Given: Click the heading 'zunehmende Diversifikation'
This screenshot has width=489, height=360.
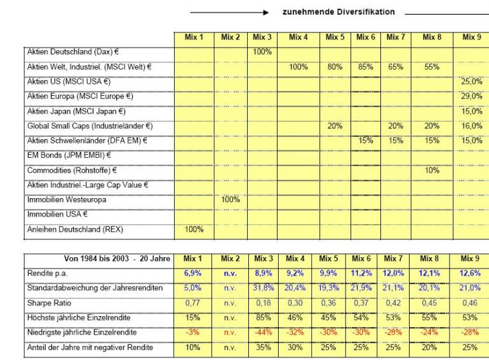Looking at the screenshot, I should [x=338, y=12].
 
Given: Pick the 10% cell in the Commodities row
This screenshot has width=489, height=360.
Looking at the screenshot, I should [x=431, y=170].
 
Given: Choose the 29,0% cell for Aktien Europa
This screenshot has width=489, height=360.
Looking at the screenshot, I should [x=471, y=96].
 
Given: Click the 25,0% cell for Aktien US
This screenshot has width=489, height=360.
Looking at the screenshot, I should [x=471, y=81].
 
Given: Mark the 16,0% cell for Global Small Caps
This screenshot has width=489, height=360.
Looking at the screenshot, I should [x=471, y=126].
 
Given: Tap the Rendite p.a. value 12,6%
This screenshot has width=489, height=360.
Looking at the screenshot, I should [x=471, y=274].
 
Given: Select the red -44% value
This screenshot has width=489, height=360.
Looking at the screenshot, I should [x=262, y=333].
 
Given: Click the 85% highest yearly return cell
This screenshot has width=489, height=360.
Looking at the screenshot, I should [x=262, y=317].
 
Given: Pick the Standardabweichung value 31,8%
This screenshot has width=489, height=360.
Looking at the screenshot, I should [x=262, y=288].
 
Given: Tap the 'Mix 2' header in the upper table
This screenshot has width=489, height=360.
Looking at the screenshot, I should [x=231, y=37].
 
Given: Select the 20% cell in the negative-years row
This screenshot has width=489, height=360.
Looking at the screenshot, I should [x=431, y=347].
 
